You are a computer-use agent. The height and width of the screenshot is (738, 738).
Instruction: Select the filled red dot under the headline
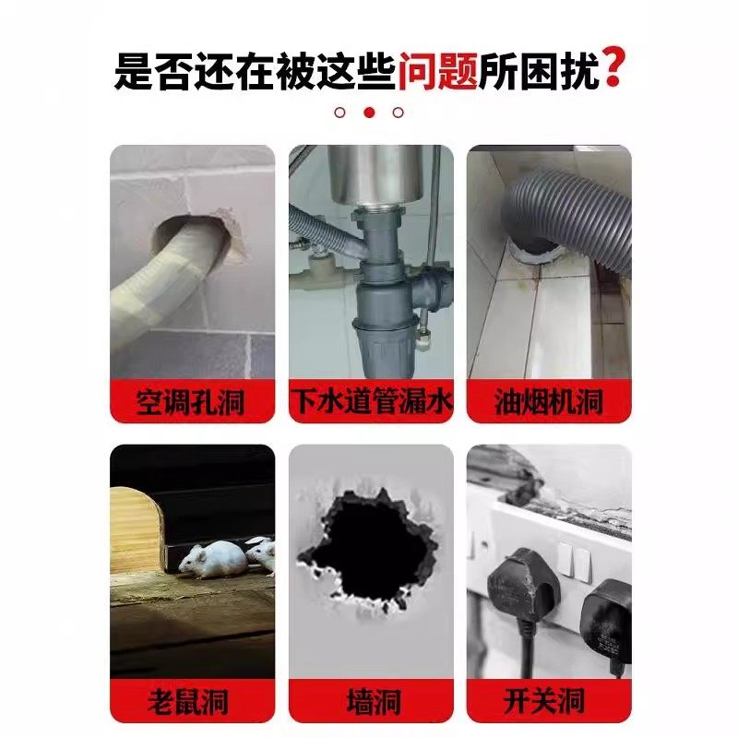pyautogui.click(x=369, y=113)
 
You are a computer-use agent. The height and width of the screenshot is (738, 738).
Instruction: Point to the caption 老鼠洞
pyautogui.click(x=192, y=701)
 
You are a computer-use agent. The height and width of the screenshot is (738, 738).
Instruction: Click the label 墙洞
pyautogui.click(x=370, y=701)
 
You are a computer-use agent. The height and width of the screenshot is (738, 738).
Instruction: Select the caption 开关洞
pyautogui.click(x=548, y=701)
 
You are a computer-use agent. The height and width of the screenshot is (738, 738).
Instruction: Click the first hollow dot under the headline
pyautogui.click(x=339, y=113)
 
